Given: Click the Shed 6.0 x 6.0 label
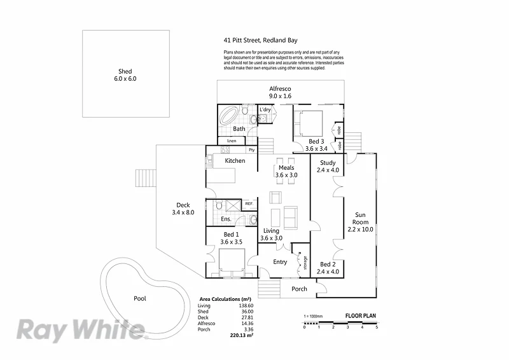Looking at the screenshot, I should (125, 75).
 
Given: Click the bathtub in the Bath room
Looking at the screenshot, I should (230, 116).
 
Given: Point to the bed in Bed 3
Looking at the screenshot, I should (309, 122).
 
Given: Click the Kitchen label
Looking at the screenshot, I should (235, 161).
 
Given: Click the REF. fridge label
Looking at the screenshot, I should (249, 204).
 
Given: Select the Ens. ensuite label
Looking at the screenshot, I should (225, 219).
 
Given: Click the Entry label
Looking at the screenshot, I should (280, 262).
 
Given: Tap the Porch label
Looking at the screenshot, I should (299, 289).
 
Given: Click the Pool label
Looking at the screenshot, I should (139, 298).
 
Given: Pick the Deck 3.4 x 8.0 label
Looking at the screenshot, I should (182, 209).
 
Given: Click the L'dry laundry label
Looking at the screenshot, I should (265, 110).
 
